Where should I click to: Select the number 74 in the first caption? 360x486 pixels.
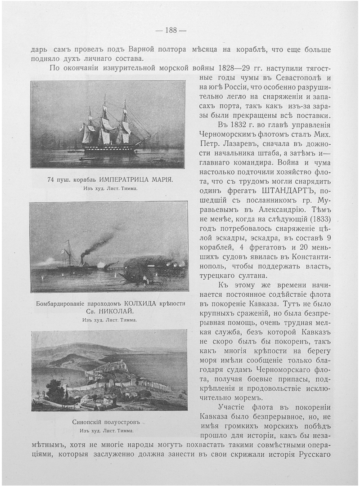tap(50, 180)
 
